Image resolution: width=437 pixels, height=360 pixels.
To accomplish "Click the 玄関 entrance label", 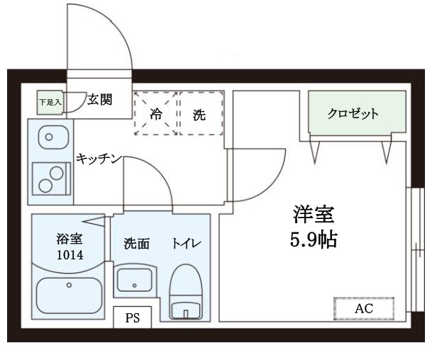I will click(x=100, y=99).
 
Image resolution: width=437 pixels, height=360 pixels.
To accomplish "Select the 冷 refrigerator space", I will click(x=156, y=113).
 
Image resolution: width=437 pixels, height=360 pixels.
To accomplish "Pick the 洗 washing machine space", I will click(x=200, y=113).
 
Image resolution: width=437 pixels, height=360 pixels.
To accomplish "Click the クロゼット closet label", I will click(x=353, y=113).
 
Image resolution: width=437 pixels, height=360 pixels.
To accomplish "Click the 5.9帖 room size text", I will click(x=313, y=240).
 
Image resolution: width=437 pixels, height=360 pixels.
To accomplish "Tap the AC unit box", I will click(x=363, y=308).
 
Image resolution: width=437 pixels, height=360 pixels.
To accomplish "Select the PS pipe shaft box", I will click(x=132, y=318).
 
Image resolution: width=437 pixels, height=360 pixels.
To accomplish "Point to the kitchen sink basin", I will click(x=49, y=134).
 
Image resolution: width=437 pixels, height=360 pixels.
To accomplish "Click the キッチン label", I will click(x=100, y=158).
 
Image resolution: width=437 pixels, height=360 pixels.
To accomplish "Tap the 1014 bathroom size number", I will click(x=69, y=254).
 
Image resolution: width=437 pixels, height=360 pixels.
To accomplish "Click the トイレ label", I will click(x=187, y=244).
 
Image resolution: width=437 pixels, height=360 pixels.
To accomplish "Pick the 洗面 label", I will click(x=136, y=244).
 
